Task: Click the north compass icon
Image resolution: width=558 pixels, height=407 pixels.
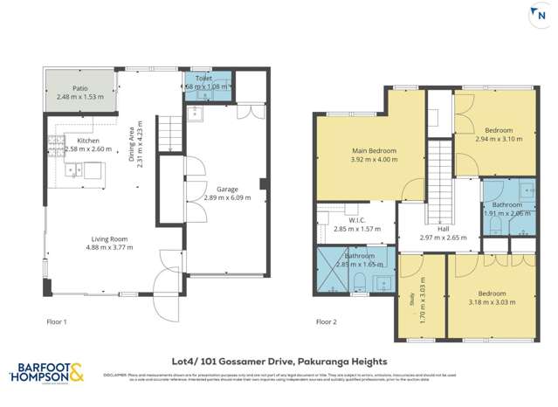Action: pyautogui.click(x=534, y=17)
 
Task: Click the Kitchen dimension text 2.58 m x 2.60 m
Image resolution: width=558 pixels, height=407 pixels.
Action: pyautogui.click(x=88, y=149)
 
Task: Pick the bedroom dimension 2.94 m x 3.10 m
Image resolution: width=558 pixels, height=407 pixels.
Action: pyautogui.click(x=498, y=139)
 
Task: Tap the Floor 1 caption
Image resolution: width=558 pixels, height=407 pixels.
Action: pyautogui.click(x=59, y=321)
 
